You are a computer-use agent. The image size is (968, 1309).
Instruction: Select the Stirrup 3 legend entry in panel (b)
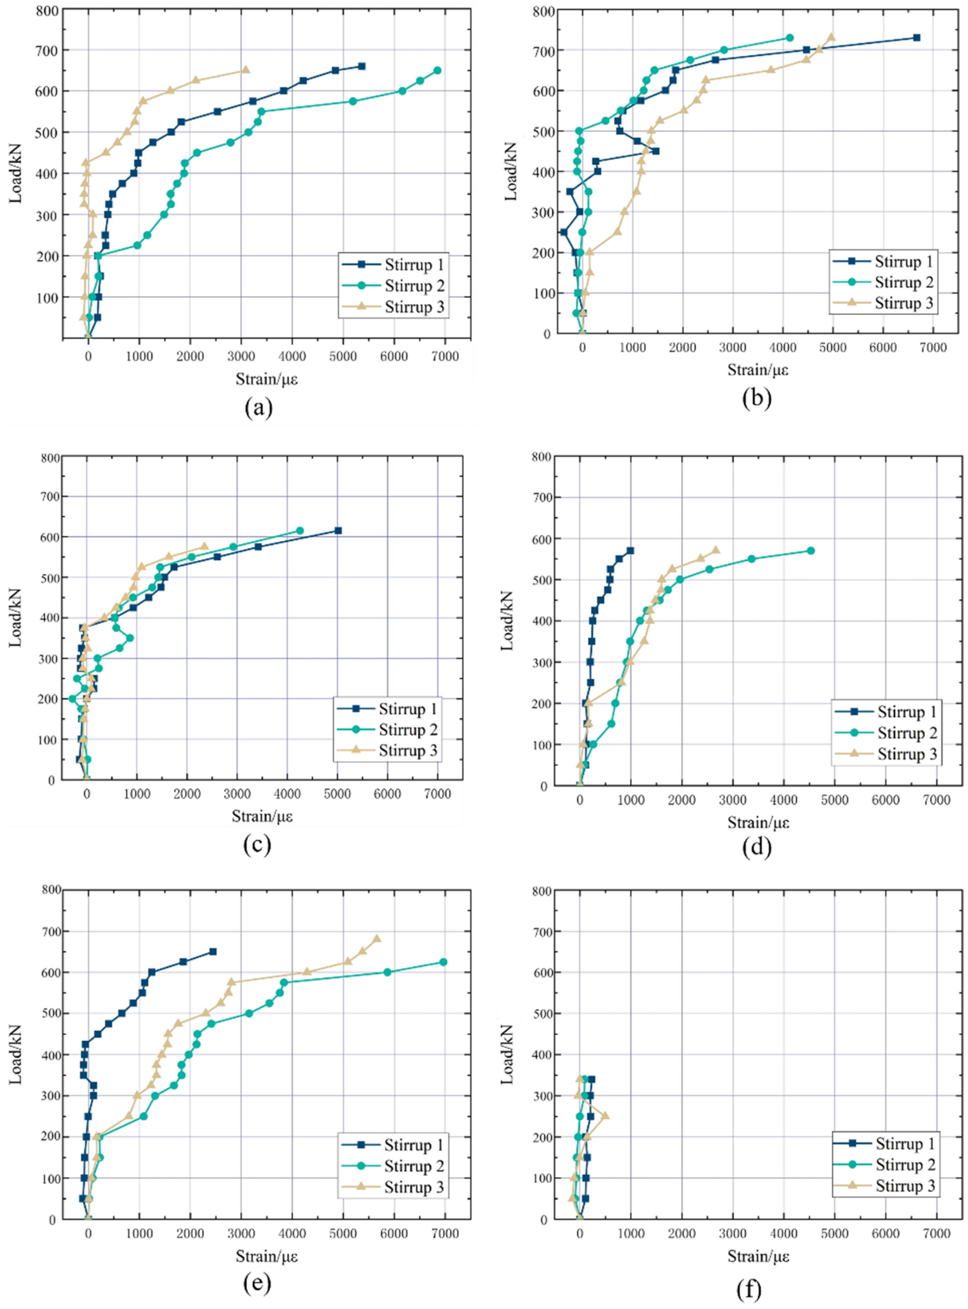pos(903,303)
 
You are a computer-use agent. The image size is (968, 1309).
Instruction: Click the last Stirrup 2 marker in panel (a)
pos(437,70)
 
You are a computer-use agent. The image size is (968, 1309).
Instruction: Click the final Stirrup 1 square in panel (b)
pos(917,37)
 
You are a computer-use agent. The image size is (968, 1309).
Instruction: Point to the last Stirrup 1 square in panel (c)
pos(338,530)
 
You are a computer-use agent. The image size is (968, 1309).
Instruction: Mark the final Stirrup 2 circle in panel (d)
pos(811,551)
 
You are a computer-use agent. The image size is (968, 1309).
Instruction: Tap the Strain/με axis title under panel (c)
pos(262,816)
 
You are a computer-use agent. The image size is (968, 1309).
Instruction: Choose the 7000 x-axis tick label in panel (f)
pos(936,1234)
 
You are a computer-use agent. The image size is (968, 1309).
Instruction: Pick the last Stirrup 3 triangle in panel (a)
pos(245,70)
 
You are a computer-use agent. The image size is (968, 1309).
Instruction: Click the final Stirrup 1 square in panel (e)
pos(213,952)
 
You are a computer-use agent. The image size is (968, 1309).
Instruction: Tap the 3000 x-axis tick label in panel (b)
pos(733,347)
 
